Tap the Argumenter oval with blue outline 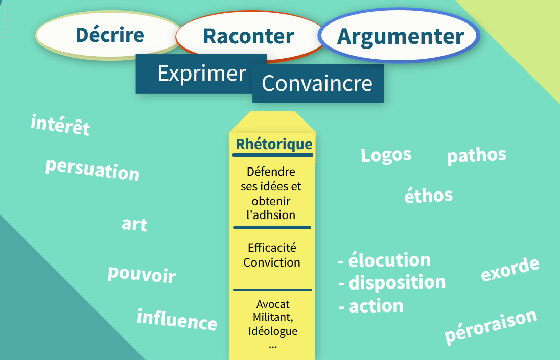click(x=399, y=36)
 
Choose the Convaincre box click(x=318, y=83)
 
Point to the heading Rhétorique click(x=274, y=144)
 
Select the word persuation click(x=92, y=170)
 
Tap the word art click(x=134, y=224)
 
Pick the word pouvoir click(x=142, y=274)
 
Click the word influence click(x=177, y=320)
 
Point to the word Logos click(x=386, y=156)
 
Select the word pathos click(x=477, y=156)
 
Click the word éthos click(x=429, y=195)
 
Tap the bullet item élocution click(x=389, y=259)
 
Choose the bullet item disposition click(x=397, y=282)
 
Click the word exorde click(x=510, y=270)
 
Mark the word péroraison click(x=491, y=326)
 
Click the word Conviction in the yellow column click(x=272, y=262)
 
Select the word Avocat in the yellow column click(x=273, y=304)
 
